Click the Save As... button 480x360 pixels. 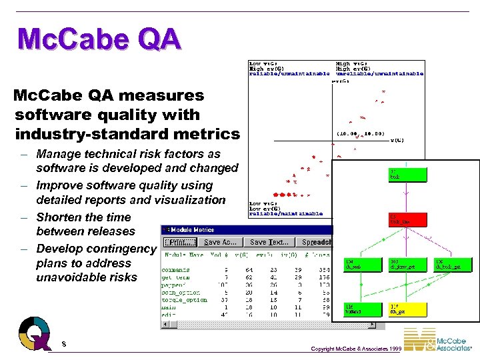pos(221,243)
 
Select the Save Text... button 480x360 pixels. pos(269,243)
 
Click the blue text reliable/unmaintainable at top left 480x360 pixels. pos(289,74)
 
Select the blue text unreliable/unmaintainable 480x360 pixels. pos(379,74)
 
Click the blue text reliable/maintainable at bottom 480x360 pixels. pos(285,214)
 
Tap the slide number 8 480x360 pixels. pos(63,343)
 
